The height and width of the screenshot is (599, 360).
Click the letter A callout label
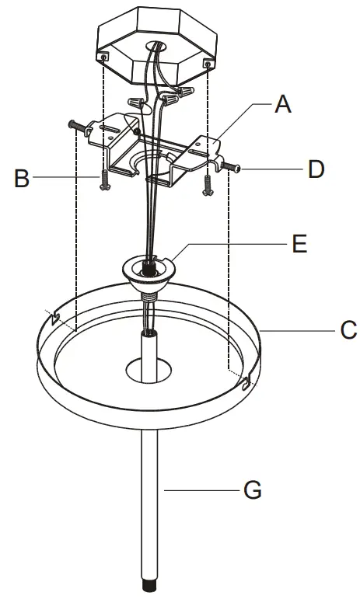click(x=283, y=104)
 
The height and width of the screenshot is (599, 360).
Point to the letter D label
click(x=315, y=169)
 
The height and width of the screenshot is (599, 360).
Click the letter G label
click(x=252, y=490)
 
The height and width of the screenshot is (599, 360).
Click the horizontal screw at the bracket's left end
click(x=76, y=126)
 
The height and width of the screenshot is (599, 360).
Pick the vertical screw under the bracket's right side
click(x=208, y=183)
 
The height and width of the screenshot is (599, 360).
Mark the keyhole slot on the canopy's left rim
click(x=55, y=319)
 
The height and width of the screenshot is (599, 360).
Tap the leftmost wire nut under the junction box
click(x=135, y=103)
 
